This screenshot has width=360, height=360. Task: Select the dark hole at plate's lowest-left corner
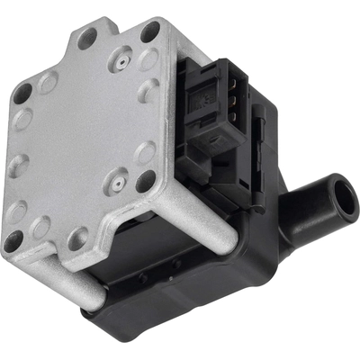(13, 241)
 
